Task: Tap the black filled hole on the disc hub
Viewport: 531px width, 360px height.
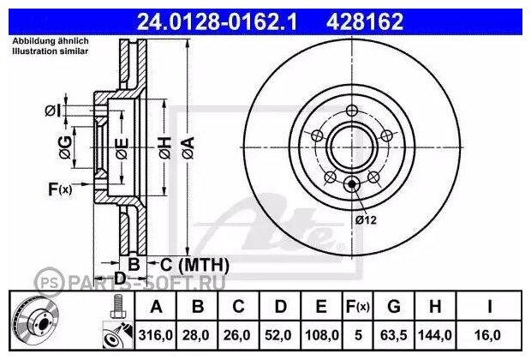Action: [352, 183]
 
